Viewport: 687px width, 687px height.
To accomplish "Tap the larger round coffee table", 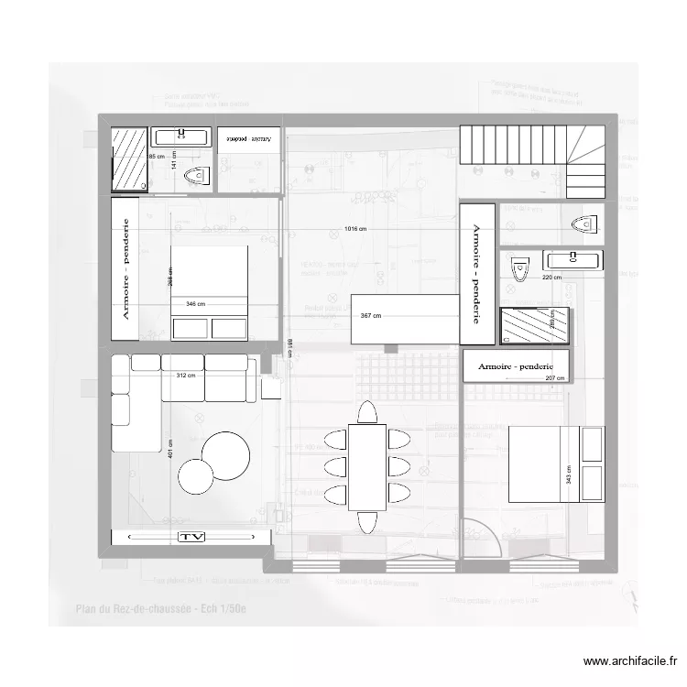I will pos(226,455).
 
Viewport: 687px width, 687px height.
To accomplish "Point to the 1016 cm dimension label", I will pos(355,228).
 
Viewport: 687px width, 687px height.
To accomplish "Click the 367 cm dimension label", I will pos(370,316).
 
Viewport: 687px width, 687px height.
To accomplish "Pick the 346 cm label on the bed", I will pos(196,303).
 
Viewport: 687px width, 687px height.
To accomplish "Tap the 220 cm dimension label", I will pos(551,277).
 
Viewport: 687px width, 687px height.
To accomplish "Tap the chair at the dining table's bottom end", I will pos(368,521).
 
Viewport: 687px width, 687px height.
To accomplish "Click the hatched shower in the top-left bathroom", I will pos(129,159).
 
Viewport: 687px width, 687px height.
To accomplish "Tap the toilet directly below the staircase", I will pos(583,223).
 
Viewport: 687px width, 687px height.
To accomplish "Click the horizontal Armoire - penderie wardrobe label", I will pos(515,365).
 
